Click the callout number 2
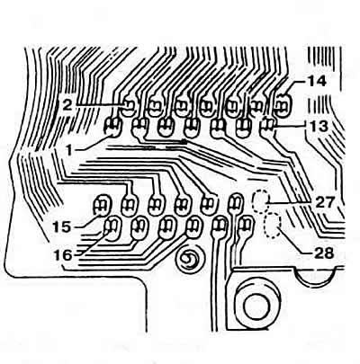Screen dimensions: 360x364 click(67, 104)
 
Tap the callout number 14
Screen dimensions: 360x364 click(316, 81)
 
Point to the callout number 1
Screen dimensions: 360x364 click(69, 150)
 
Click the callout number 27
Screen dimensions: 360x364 click(324, 203)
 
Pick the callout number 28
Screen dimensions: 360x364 click(324, 253)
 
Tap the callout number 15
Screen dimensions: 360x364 click(62, 226)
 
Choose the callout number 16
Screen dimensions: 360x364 click(63, 255)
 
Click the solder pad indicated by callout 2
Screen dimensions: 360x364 click(129, 108)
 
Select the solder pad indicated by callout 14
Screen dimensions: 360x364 click(283, 105)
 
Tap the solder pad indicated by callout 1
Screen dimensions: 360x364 click(112, 128)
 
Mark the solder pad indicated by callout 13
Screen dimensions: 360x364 click(267, 127)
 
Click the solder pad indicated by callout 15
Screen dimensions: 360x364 click(102, 206)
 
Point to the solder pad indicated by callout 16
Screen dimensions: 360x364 click(112, 229)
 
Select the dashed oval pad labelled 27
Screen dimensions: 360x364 click(261, 201)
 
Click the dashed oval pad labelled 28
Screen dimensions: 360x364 click(273, 226)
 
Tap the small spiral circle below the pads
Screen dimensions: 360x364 click(190, 259)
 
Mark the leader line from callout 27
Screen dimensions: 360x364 click(290, 203)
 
